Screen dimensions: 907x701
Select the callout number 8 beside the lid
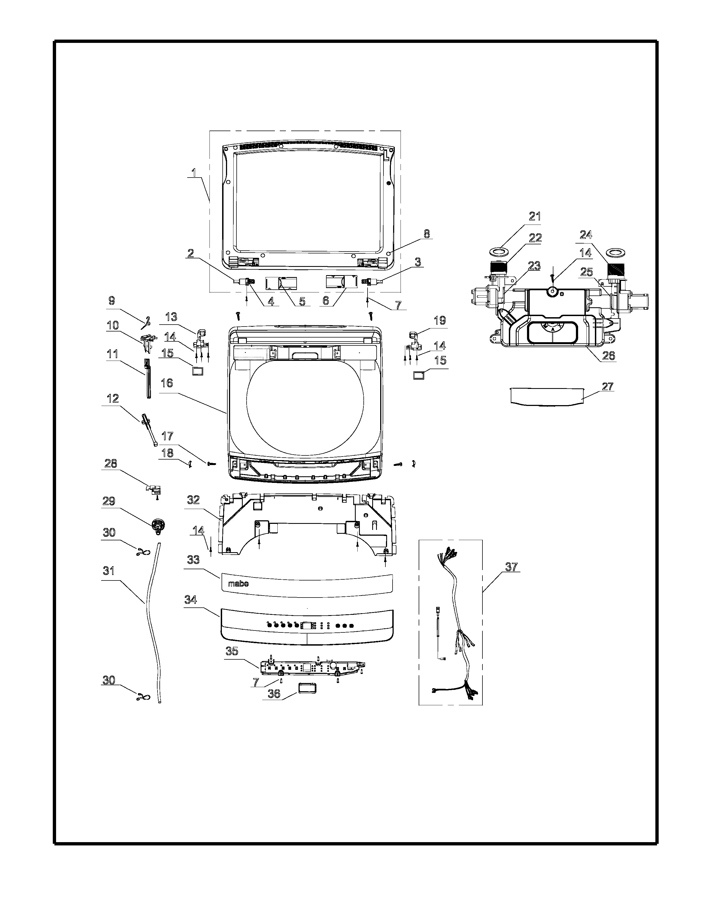pyautogui.click(x=426, y=234)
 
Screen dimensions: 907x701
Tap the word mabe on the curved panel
pyautogui.click(x=238, y=584)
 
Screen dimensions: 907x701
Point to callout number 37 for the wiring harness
pyautogui.click(x=512, y=567)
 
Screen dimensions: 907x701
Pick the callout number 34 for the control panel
pyautogui.click(x=191, y=600)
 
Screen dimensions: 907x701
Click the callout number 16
pyautogui.click(x=167, y=383)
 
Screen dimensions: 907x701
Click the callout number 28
pyautogui.click(x=111, y=463)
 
